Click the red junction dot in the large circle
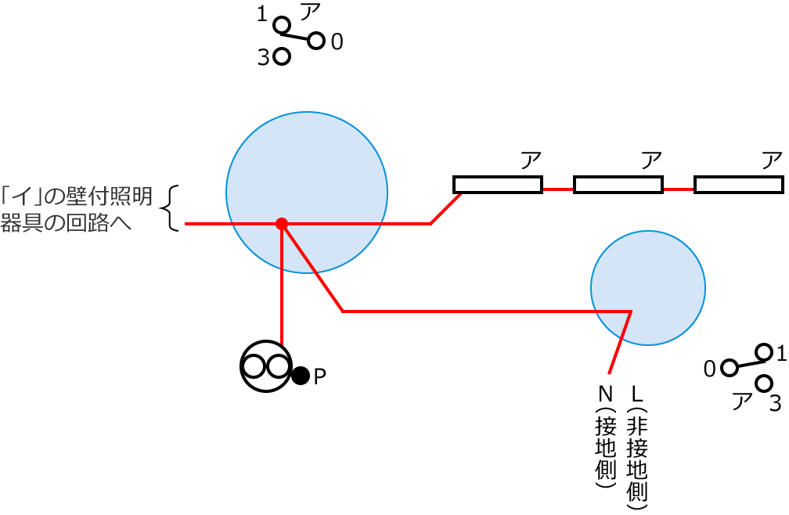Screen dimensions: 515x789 click(282, 224)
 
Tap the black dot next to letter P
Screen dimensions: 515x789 click(301, 376)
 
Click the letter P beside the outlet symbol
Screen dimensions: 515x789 click(319, 376)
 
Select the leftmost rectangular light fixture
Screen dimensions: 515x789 click(498, 185)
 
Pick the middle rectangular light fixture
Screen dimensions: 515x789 click(618, 185)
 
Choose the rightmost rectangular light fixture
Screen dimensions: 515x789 click(739, 185)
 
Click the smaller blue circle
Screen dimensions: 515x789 click(648, 288)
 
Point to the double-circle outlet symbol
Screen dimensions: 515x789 click(265, 366)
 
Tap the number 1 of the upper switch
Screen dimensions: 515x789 click(261, 14)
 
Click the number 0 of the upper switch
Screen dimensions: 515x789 click(337, 42)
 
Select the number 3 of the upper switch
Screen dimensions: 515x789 click(263, 58)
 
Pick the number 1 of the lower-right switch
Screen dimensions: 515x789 click(780, 353)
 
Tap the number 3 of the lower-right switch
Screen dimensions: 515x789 click(775, 403)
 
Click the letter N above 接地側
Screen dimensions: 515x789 click(606, 391)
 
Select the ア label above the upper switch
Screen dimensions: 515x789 click(310, 12)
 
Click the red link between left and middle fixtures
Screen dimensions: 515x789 click(558, 189)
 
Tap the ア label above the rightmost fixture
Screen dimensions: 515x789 click(772, 160)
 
